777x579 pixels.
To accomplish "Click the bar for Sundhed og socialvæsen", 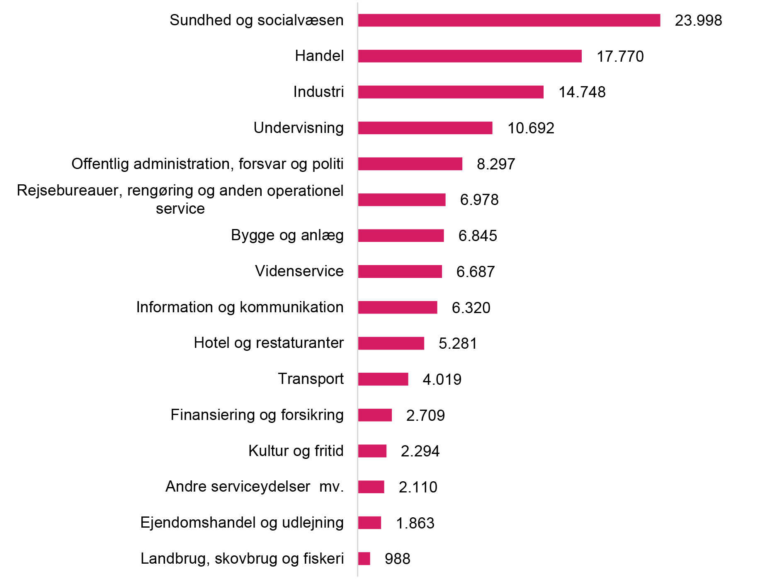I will click(509, 20).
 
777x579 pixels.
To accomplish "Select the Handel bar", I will click(469, 56).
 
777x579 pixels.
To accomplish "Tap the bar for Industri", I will click(450, 92).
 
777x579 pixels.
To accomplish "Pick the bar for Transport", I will click(383, 379).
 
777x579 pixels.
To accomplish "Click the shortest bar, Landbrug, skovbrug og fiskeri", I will click(364, 559).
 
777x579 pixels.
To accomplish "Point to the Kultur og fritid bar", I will click(372, 451).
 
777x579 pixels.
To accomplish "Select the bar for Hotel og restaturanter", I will click(391, 343).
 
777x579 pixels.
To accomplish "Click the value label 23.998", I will click(698, 20).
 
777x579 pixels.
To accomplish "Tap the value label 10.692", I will click(531, 128).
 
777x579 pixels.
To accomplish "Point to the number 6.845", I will click(477, 236).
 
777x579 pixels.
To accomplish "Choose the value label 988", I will click(397, 559).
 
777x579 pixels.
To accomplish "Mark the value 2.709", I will click(425, 415).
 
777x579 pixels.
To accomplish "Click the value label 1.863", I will click(415, 523).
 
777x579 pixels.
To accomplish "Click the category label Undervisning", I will click(299, 128).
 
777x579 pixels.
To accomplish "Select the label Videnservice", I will click(299, 271).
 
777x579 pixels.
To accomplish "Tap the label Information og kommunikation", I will click(240, 307).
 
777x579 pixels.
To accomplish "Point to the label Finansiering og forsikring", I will click(257, 415).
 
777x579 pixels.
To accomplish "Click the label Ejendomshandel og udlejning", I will click(242, 522).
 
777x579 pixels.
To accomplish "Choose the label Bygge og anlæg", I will click(287, 235).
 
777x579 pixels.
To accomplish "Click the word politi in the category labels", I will click(328, 164).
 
